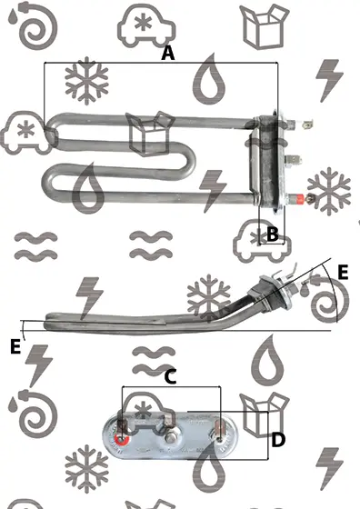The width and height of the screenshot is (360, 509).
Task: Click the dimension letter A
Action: point(168,53)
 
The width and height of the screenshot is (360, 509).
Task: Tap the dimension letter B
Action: point(273,234)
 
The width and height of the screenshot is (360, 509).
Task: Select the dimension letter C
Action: point(170,377)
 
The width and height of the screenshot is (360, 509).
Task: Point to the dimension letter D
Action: point(278,440)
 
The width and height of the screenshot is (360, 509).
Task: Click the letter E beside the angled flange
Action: point(343,272)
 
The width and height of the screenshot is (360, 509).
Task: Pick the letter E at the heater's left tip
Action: point(15,346)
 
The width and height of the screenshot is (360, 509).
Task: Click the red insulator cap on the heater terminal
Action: point(298,198)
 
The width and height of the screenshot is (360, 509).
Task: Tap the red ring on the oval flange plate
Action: point(122,440)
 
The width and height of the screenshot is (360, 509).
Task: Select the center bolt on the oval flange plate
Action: point(169,438)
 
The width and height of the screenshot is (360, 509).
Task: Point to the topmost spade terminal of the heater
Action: point(305,124)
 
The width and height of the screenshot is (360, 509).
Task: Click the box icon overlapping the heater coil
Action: point(150,133)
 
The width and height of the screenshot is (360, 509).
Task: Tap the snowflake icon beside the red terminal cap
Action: point(329,191)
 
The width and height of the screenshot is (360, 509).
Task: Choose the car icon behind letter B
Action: point(262,241)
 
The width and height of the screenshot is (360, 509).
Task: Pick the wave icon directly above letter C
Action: point(154,361)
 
